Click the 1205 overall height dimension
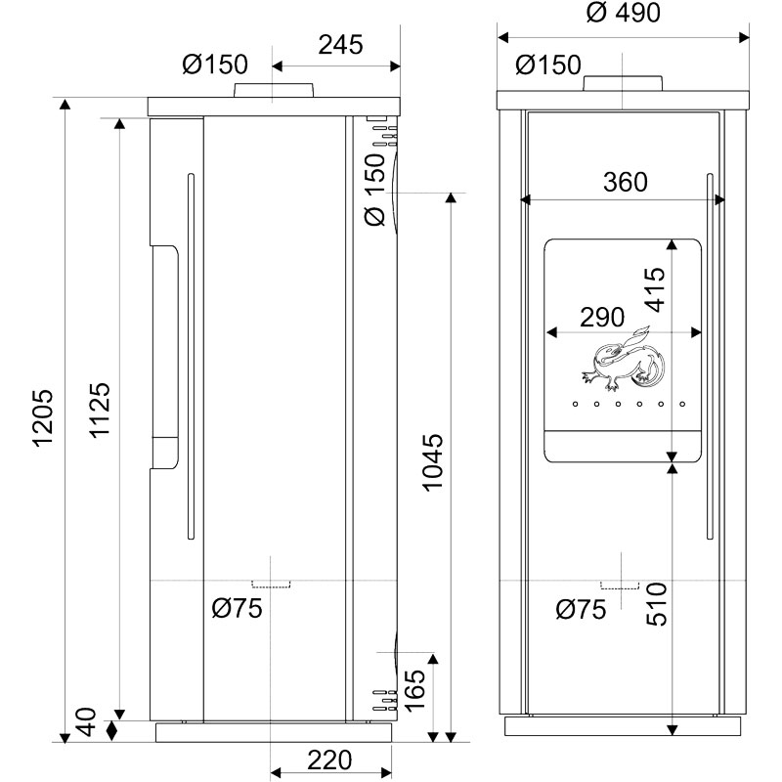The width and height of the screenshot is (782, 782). point(43,418)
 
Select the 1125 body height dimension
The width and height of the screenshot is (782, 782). point(100,410)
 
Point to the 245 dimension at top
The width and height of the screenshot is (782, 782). point(340,45)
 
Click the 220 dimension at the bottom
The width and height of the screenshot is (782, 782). point(329,760)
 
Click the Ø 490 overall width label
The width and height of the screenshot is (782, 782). point(623,13)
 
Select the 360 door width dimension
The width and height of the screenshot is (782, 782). point(626,182)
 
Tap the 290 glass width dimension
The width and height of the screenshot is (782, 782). point(602,317)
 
